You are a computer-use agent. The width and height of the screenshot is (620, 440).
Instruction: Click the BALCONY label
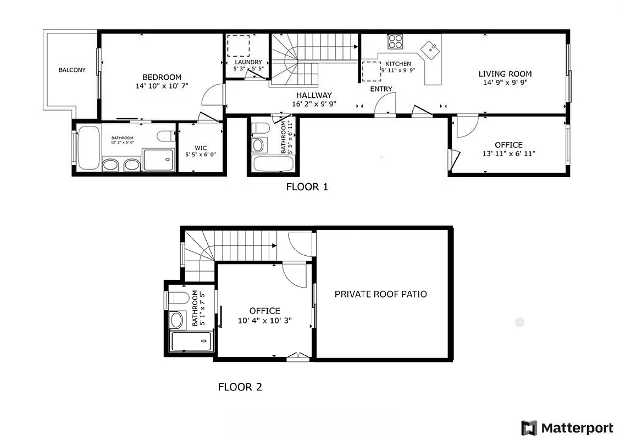[72, 70]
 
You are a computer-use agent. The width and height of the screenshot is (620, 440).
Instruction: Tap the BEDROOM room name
[162, 77]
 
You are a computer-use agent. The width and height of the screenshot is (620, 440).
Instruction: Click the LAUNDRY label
[247, 62]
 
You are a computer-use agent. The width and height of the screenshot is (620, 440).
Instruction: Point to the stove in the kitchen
[395, 42]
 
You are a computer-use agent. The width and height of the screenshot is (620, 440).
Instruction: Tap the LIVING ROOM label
[505, 74]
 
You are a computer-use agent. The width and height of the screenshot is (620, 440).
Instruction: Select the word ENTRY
[381, 89]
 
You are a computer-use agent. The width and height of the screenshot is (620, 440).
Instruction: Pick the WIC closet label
[201, 147]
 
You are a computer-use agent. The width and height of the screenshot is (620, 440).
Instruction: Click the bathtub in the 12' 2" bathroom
[88, 147]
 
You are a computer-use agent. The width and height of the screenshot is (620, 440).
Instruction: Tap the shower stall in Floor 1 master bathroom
[158, 158]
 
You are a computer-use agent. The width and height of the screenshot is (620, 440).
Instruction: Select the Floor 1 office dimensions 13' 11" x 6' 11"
[508, 154]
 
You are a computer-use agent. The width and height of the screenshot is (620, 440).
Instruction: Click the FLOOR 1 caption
[307, 187]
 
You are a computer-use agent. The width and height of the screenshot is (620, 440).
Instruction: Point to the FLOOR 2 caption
[240, 387]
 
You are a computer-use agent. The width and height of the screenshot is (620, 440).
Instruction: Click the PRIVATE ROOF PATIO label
[380, 294]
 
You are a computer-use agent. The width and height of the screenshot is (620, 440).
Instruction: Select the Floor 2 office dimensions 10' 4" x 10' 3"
[264, 320]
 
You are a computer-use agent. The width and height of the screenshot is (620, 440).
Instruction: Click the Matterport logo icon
[529, 428]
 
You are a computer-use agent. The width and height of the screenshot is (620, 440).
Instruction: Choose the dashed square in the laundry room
[239, 46]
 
